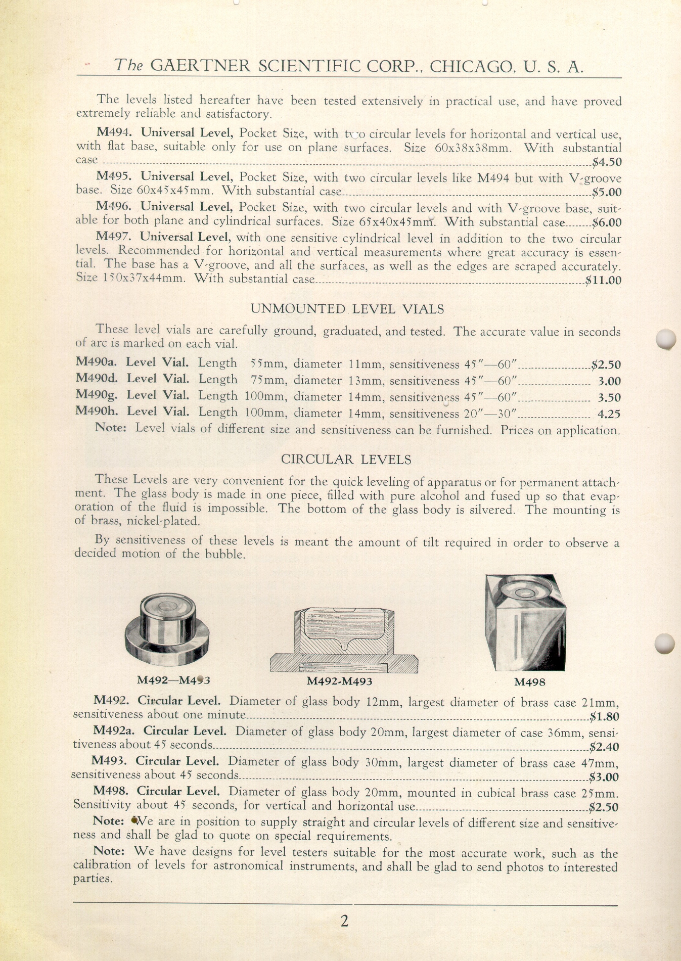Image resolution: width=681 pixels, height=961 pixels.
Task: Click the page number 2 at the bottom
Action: click(x=344, y=921)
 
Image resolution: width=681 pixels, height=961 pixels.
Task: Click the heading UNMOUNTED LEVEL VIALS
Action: click(x=347, y=309)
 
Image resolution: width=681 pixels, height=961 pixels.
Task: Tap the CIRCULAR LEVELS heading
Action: click(x=346, y=459)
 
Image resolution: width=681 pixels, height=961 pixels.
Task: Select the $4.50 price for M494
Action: click(x=607, y=162)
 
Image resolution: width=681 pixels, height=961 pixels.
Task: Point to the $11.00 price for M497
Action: click(x=603, y=280)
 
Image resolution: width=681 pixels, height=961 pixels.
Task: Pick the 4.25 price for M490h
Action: click(x=609, y=414)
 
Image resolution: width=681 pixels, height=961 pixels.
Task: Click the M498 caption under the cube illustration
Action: click(x=529, y=682)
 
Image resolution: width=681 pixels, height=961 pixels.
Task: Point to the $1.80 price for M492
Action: click(x=604, y=716)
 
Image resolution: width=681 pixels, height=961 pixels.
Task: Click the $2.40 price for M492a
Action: click(x=604, y=747)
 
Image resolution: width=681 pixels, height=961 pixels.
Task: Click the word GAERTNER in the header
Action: click(x=200, y=66)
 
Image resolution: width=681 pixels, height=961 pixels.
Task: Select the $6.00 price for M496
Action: click(x=607, y=222)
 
